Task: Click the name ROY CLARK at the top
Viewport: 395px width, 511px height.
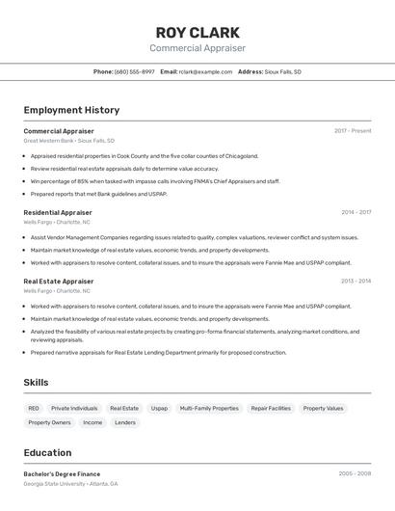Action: click(x=197, y=31)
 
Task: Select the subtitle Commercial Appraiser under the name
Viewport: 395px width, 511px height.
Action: click(x=197, y=48)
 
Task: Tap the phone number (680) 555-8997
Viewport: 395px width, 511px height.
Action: click(x=134, y=71)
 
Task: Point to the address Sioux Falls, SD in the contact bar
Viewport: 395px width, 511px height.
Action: click(x=283, y=71)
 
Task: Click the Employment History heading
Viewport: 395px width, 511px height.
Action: click(x=71, y=110)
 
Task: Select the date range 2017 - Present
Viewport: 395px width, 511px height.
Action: click(x=353, y=131)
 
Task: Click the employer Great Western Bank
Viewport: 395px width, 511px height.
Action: click(x=48, y=141)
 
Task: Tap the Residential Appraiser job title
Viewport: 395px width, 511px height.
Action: click(x=58, y=212)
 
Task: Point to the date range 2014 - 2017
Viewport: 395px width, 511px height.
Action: click(x=355, y=212)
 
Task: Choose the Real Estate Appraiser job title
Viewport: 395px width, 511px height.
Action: click(x=59, y=282)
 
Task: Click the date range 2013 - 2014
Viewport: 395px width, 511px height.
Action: click(x=355, y=282)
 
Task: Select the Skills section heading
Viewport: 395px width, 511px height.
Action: click(x=36, y=383)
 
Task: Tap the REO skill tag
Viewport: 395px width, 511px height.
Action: click(x=34, y=409)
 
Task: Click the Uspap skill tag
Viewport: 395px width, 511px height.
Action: click(x=159, y=409)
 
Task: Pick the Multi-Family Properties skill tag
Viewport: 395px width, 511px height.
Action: click(x=209, y=409)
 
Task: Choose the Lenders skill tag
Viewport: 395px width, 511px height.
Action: click(x=125, y=422)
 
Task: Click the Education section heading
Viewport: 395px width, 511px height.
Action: click(x=47, y=452)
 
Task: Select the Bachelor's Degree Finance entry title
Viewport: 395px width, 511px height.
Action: click(x=62, y=474)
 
